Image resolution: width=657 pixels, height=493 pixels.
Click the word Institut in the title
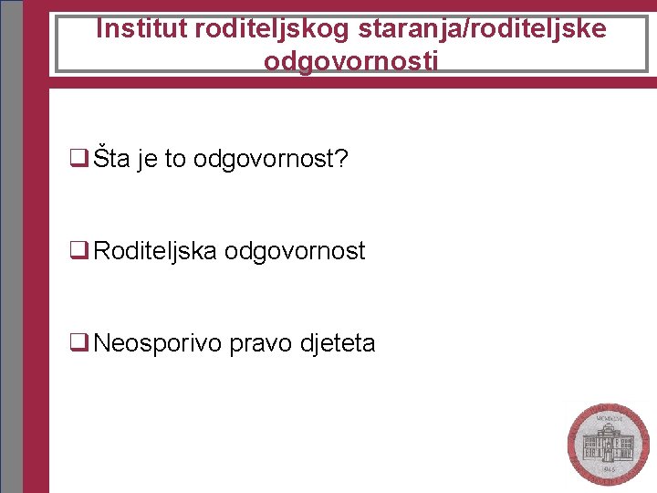coord(141,29)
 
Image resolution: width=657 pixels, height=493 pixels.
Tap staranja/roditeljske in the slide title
coord(483,29)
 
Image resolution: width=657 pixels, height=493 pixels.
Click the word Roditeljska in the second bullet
coord(155,251)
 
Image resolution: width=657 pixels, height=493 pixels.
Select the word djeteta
coord(338,343)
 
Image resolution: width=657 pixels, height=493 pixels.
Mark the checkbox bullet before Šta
coord(78,160)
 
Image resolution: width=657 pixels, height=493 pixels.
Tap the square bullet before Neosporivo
coord(78,343)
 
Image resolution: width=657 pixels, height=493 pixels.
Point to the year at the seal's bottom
coord(608,468)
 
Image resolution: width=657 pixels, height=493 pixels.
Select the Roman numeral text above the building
coord(608,418)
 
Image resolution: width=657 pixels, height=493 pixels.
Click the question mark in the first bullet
coord(342,159)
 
